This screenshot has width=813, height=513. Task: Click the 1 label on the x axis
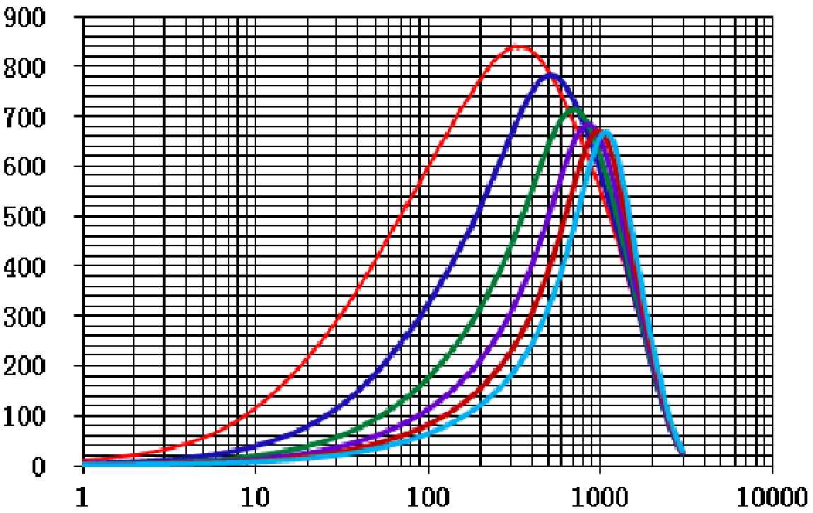[83, 495]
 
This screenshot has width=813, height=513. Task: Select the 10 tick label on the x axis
[255, 495]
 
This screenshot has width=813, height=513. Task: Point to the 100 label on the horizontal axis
[427, 495]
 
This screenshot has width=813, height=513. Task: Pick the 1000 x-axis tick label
[600, 495]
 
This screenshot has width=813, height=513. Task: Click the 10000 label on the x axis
[772, 495]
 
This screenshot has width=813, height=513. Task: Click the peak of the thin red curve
[519, 47]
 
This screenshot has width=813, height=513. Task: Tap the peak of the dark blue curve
[550, 75]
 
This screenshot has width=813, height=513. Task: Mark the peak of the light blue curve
[607, 132]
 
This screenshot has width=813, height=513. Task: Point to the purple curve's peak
[587, 125]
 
